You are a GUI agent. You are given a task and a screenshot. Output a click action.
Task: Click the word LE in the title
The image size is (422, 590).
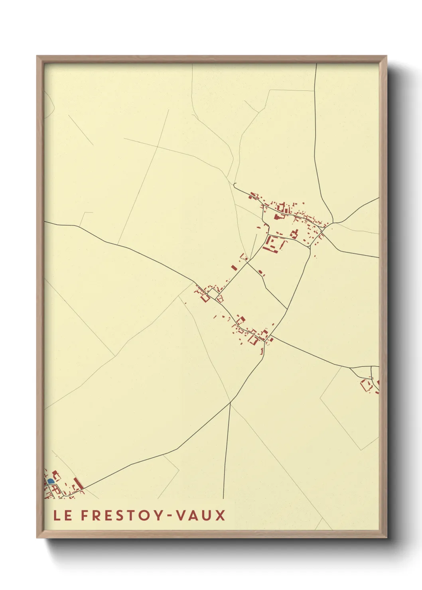(63, 515)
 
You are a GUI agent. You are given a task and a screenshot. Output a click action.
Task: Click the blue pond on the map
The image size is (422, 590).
(51, 482)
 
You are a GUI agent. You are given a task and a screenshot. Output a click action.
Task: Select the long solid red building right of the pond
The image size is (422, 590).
(78, 484)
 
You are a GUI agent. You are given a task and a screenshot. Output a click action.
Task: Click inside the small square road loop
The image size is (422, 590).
(213, 294)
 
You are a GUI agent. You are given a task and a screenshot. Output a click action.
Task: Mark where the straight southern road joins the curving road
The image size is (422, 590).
(231, 403)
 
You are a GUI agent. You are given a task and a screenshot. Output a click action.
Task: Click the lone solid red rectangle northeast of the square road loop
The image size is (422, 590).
(234, 268)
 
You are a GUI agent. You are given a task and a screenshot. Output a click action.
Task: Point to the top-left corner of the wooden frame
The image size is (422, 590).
(37, 56)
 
